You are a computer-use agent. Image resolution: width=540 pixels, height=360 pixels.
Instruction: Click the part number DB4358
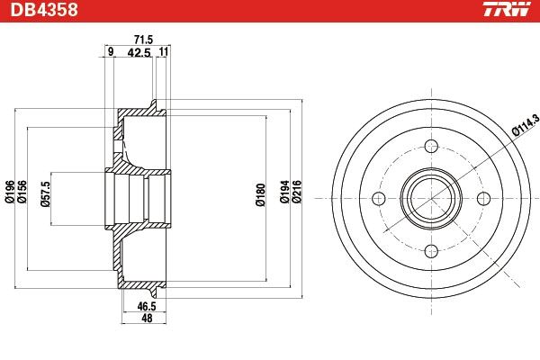[44, 10]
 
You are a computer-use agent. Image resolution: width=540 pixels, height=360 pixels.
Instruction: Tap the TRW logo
[507, 9]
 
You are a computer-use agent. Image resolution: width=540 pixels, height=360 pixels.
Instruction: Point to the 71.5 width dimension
[144, 40]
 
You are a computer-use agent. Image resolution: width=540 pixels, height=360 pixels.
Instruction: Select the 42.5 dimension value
[139, 53]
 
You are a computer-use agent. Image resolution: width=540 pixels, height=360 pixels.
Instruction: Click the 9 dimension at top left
[110, 52]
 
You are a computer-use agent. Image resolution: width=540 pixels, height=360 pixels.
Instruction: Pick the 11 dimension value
[164, 52]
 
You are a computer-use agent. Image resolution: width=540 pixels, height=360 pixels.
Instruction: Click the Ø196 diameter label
[10, 192]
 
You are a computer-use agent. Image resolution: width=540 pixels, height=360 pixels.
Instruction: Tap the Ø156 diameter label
[22, 192]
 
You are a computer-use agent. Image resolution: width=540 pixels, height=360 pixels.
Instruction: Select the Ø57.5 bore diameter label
[45, 194]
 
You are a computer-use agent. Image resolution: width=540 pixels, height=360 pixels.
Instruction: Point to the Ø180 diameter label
[261, 195]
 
